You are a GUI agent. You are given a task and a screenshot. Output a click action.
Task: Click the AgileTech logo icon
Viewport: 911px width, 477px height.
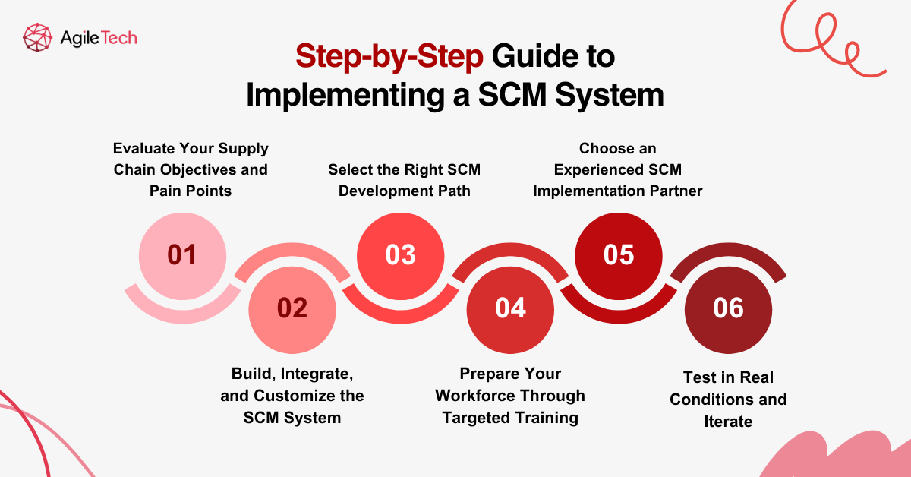pos(38,37)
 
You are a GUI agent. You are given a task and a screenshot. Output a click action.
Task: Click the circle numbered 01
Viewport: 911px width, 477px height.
pos(182,254)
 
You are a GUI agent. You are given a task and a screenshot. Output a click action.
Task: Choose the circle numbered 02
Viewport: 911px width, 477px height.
pos(292,308)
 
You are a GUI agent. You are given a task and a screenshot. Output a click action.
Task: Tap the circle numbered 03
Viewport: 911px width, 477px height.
pos(401,254)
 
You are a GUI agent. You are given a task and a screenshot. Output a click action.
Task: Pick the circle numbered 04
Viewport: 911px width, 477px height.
pos(510,308)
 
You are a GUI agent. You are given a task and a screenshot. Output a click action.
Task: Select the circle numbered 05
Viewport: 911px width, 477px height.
pos(619,254)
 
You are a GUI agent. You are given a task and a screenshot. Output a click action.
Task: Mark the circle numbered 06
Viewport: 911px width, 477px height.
pos(728,308)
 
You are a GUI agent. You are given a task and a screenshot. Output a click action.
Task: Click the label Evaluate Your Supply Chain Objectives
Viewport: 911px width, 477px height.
pos(191,158)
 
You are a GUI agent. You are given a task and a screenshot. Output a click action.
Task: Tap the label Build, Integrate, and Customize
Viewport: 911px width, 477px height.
pos(292,396)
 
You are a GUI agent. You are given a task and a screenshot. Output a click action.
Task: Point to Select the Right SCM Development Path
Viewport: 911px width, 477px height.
pos(405,180)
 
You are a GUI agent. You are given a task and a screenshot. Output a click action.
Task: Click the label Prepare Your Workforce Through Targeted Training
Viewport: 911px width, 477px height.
pos(510,396)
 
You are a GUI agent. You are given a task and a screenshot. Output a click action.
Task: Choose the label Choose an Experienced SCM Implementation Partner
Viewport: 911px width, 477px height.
pos(618,169)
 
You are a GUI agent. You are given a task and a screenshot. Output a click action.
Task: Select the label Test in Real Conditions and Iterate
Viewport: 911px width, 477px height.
pos(728,399)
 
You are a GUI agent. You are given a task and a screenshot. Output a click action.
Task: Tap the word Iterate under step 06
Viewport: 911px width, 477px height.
pos(728,421)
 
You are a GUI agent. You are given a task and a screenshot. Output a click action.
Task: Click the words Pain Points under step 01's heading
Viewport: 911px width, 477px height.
pos(191,191)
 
